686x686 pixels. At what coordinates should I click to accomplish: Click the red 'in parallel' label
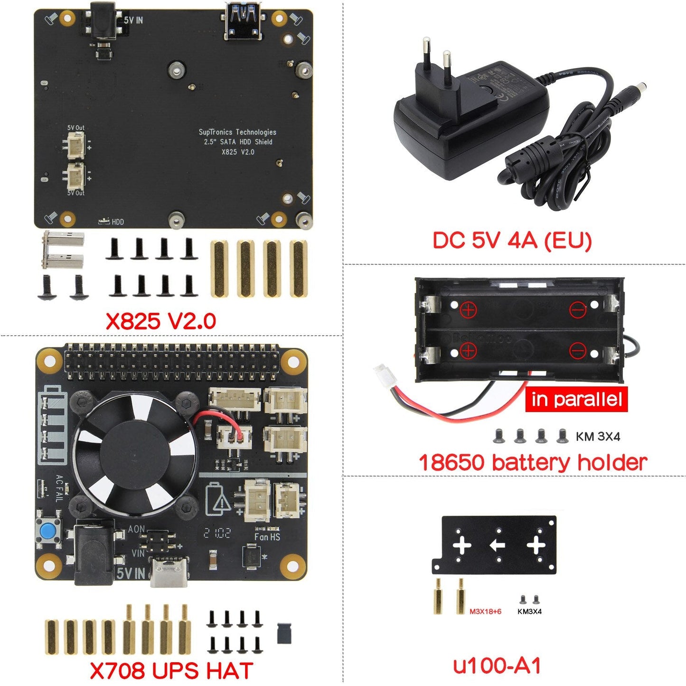[x=576, y=399]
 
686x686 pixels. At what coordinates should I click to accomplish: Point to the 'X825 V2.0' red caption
[x=160, y=321]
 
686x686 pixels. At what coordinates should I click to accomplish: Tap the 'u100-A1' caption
[x=497, y=666]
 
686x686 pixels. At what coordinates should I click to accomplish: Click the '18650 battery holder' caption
[x=533, y=461]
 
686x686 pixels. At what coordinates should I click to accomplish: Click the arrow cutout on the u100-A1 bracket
[x=497, y=545]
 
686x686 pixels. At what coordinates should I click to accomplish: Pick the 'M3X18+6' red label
[x=485, y=611]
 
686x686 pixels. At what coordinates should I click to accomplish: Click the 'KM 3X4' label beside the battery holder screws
[x=598, y=436]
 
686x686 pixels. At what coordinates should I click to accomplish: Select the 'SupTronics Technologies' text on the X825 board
[x=237, y=132]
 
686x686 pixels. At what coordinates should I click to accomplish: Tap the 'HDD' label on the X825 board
[x=117, y=222]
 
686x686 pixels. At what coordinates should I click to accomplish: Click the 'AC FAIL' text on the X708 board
[x=59, y=489]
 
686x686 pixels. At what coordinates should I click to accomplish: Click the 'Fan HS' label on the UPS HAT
[x=267, y=537]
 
